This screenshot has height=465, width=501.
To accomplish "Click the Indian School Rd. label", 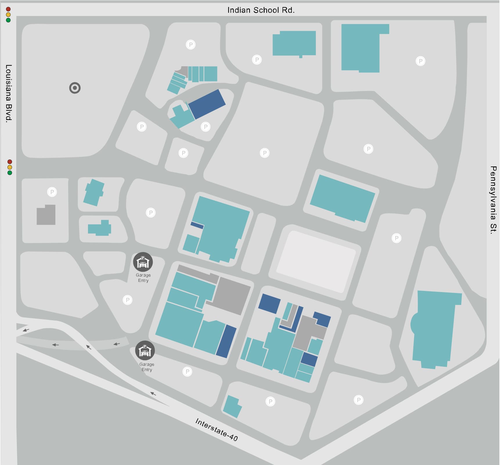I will click(x=261, y=10).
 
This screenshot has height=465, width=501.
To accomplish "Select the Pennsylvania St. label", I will click(x=493, y=200).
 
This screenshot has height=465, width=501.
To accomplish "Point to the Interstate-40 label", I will click(x=217, y=430).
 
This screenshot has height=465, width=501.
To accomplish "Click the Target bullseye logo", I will click(x=75, y=88).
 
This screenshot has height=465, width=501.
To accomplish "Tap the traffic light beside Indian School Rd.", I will click(x=8, y=15).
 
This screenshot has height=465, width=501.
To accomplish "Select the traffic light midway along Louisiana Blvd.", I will click(x=10, y=167).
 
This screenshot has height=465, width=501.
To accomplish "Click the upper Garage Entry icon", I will click(x=143, y=262).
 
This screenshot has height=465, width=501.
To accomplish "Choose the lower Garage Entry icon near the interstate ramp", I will click(x=145, y=350).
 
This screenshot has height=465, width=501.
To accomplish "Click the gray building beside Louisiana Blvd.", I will click(x=46, y=215).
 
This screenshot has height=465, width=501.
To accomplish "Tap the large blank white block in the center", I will click(x=316, y=261).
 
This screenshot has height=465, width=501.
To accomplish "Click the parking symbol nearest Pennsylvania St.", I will click(x=420, y=61).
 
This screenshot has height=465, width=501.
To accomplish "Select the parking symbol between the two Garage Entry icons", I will click(x=127, y=300).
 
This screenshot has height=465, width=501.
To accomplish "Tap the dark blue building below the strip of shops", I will click(x=207, y=104).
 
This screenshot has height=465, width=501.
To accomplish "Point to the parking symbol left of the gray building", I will click(x=52, y=192).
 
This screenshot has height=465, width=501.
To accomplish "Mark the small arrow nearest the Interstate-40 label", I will click(x=153, y=394).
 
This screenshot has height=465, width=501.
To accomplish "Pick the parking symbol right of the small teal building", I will click(x=270, y=402).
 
